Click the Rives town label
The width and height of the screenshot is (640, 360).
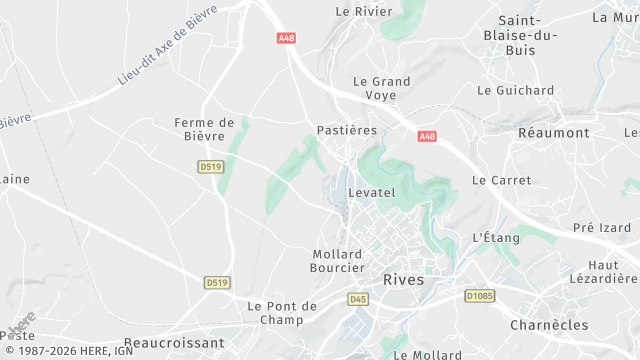pyautogui.click(x=403, y=280)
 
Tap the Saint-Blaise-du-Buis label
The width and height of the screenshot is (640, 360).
pyautogui.click(x=527, y=35)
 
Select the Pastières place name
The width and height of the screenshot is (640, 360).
pyautogui.click(x=346, y=130)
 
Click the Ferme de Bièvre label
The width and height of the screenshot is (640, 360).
pyautogui.click(x=203, y=130)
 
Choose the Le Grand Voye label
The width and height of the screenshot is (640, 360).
pyautogui.click(x=375, y=88)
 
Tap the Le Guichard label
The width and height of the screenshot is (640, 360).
pyautogui.click(x=515, y=90)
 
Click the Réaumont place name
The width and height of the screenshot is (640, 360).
pyautogui.click(x=554, y=133)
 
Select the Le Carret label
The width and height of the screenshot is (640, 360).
pyautogui.click(x=499, y=180)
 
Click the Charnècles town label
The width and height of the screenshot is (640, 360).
pyautogui.click(x=547, y=325)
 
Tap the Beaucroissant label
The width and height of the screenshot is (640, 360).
pyautogui.click(x=175, y=342)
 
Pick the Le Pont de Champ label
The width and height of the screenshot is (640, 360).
pyautogui.click(x=282, y=312)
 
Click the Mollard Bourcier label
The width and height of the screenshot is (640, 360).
pyautogui.click(x=338, y=261)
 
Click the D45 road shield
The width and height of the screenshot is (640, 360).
pyautogui.click(x=358, y=299)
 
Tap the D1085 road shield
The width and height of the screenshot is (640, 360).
pyautogui.click(x=480, y=296)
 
